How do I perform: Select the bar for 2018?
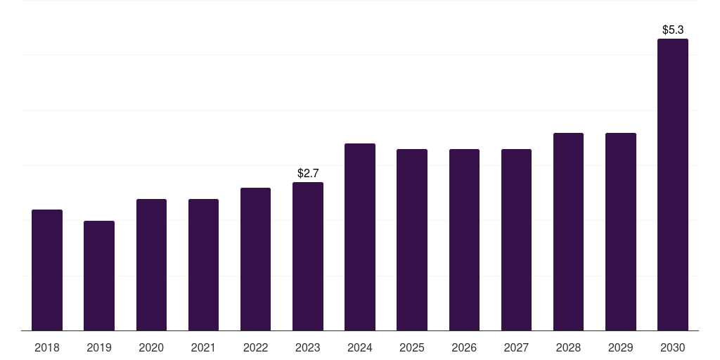click(x=47, y=270)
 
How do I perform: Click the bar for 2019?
click(x=99, y=276)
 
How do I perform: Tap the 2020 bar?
click(x=151, y=265)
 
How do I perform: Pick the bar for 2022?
click(x=255, y=259)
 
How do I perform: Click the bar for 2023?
click(x=308, y=256)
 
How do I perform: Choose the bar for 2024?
click(x=360, y=237)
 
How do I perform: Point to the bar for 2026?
click(x=464, y=240)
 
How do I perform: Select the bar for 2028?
click(x=568, y=232)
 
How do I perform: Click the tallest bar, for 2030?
click(x=673, y=185)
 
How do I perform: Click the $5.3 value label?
click(x=673, y=30)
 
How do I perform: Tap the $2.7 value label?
click(x=308, y=173)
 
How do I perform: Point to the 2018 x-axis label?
click(x=47, y=347)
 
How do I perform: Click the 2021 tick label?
click(x=203, y=347)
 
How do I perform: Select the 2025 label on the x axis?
click(x=412, y=347)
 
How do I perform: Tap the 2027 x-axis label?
click(x=516, y=347)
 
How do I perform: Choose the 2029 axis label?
click(x=620, y=347)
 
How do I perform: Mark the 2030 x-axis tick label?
click(x=673, y=347)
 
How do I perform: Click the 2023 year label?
click(x=308, y=347)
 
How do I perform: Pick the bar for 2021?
click(x=203, y=265)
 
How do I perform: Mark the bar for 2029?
click(x=620, y=232)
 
